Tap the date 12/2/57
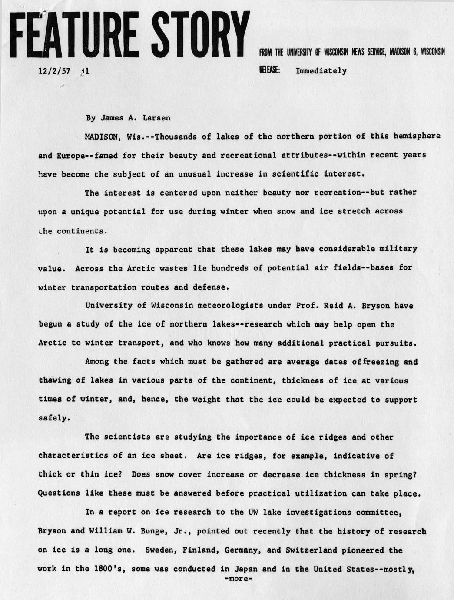[54, 71]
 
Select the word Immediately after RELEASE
[321, 71]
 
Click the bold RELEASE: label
[269, 70]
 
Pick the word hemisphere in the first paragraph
[417, 136]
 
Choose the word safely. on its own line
[54, 418]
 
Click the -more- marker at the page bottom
[239, 579]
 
